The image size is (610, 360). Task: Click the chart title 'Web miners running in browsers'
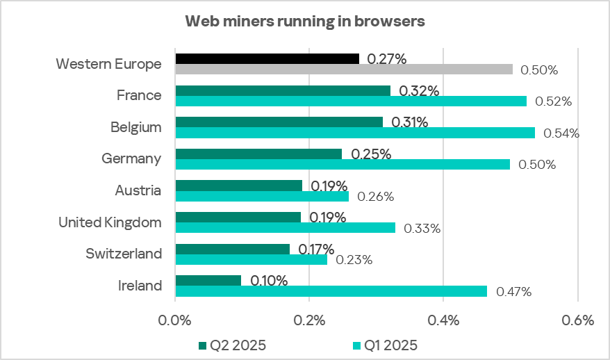[x=304, y=22]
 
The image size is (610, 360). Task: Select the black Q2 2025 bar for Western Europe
[x=267, y=58]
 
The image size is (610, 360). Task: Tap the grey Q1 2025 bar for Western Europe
[x=344, y=69]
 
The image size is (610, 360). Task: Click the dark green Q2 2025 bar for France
[x=283, y=90]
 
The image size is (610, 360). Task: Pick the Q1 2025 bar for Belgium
[x=355, y=133]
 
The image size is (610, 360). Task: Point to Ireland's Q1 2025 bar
[x=331, y=291]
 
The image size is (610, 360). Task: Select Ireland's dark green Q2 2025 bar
[x=208, y=280]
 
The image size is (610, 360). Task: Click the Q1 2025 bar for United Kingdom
[x=286, y=227]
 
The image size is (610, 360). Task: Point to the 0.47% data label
[x=513, y=292]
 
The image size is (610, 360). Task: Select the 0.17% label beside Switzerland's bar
[x=316, y=249]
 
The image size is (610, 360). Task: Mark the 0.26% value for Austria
[x=375, y=197]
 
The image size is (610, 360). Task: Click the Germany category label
[x=131, y=158]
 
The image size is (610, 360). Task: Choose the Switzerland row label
[x=124, y=254]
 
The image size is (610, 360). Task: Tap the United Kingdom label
[x=110, y=222]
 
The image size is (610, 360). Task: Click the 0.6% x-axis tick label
[x=577, y=321]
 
